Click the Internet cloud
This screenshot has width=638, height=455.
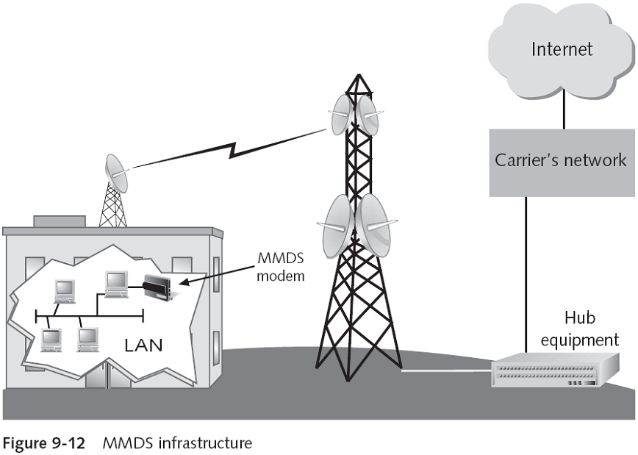coord(562,50)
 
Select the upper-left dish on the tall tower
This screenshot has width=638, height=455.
coord(342,115)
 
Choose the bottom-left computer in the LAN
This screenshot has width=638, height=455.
coord(52,339)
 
